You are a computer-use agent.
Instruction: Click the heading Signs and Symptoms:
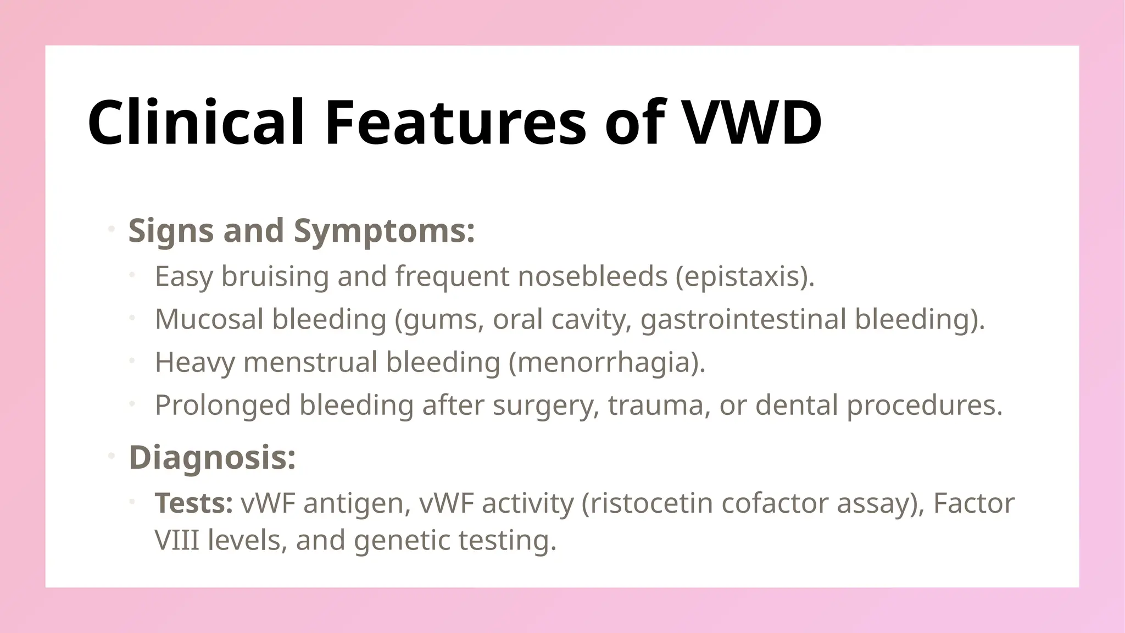point(301,230)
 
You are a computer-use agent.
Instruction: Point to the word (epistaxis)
point(745,276)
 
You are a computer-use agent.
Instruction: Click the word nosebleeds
point(592,276)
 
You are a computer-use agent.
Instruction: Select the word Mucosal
point(209,319)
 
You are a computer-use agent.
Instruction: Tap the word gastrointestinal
point(743,319)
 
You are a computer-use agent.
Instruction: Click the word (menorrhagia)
point(606,362)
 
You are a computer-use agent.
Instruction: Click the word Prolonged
point(222,405)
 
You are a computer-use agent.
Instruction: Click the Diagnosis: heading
point(212,457)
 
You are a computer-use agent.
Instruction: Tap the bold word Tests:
point(193,503)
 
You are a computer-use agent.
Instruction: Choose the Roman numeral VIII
point(176,540)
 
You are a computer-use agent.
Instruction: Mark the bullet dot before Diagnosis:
point(111,456)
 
